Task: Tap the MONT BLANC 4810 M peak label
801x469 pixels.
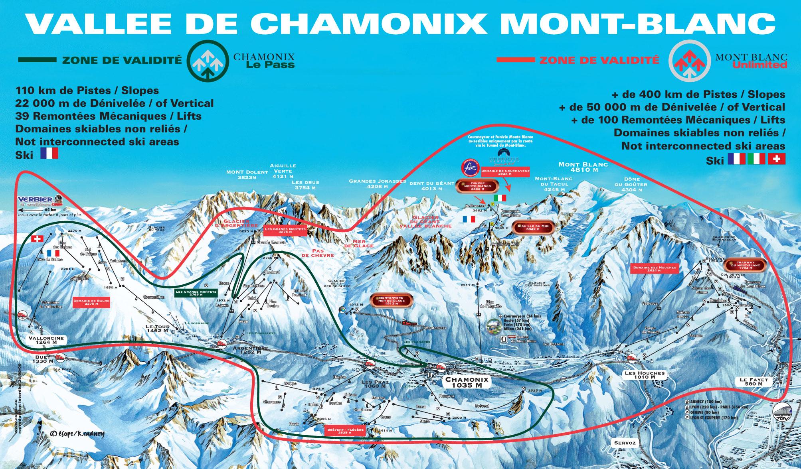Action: pos(583,167)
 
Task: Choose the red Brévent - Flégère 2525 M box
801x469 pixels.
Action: pos(345,431)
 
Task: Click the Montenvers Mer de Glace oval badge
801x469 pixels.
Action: pos(391,300)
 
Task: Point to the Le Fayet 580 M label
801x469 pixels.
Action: pos(754,382)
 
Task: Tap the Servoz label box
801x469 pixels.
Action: pos(624,443)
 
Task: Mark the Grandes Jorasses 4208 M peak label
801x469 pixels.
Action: pos(377,183)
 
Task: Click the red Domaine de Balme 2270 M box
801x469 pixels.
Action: pos(91,302)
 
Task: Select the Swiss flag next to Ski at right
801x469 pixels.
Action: pos(777,159)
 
